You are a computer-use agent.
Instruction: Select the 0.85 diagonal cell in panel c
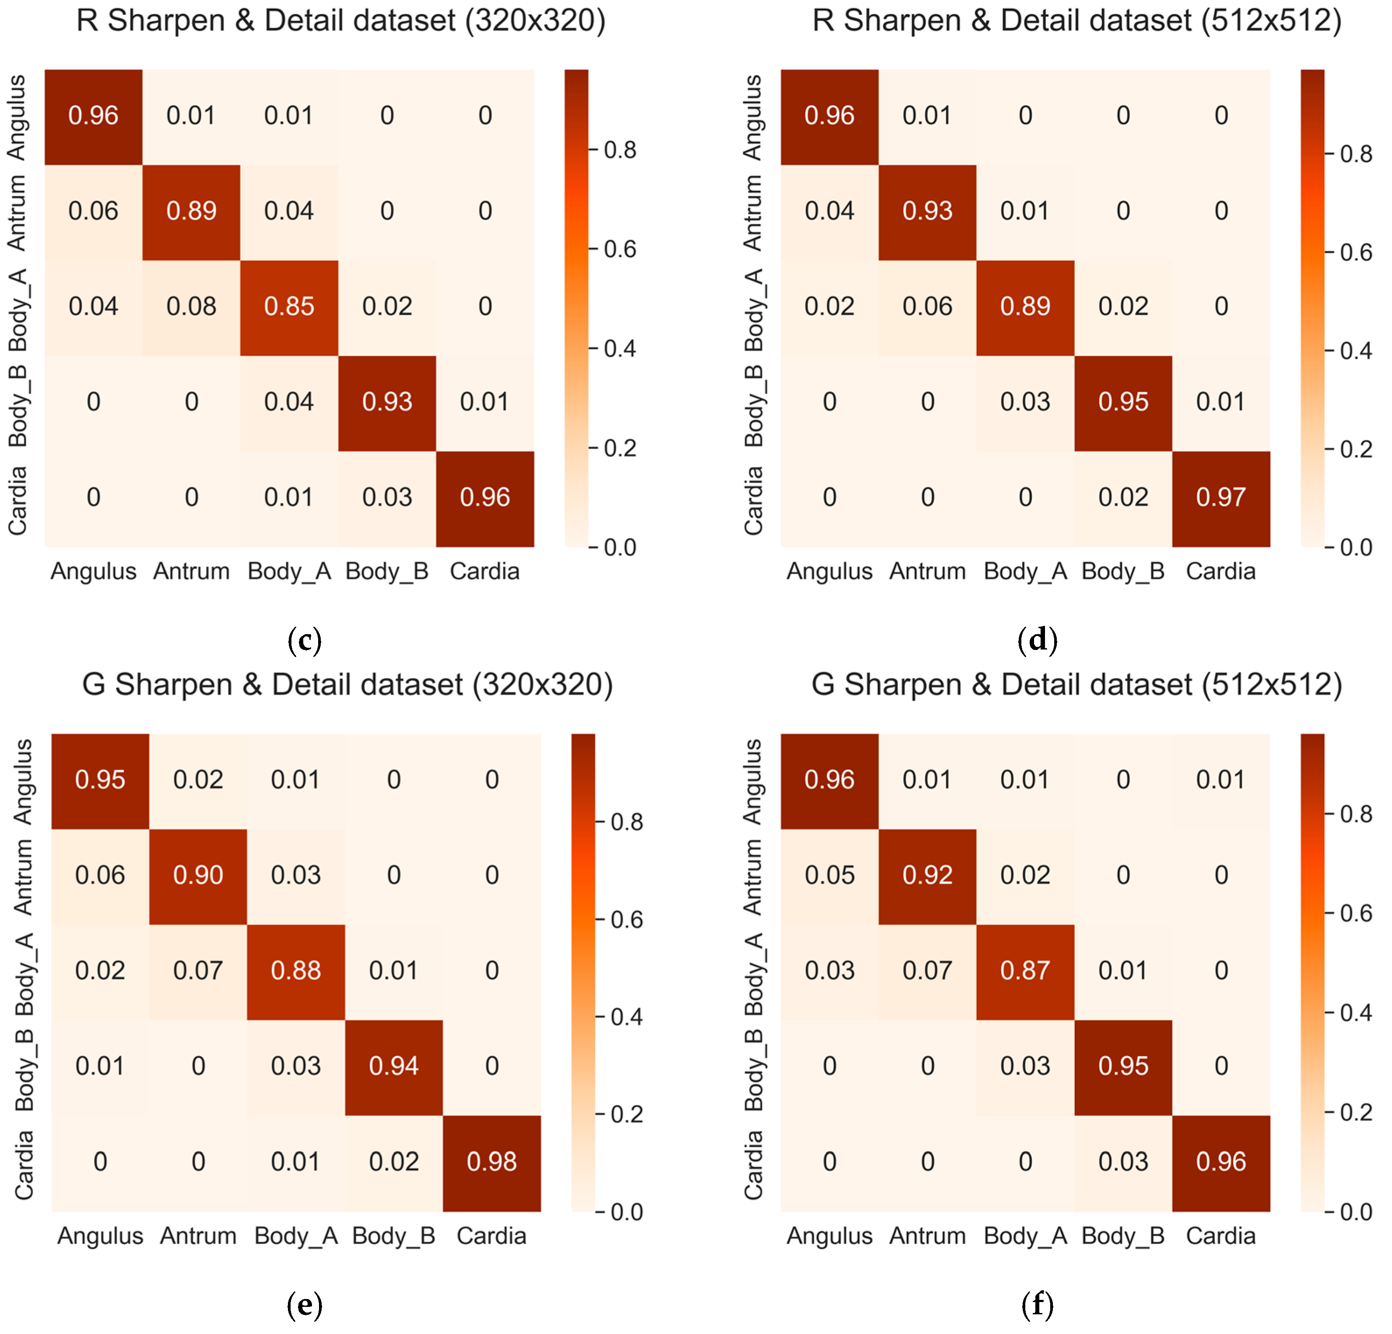coord(289,307)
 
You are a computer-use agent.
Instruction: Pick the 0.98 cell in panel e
coord(491,1162)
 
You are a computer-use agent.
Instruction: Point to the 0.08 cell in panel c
coord(191,307)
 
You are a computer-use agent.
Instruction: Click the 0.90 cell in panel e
coord(198,875)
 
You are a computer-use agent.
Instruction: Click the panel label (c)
coord(305,640)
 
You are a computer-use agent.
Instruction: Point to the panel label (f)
coord(1037,1305)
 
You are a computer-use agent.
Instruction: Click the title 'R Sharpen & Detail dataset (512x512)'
coord(1076,21)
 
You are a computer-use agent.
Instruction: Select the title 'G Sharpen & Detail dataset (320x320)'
coord(347,685)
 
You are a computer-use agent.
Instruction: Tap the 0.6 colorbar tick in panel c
coord(619,249)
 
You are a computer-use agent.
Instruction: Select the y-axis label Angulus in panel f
coord(753,782)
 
